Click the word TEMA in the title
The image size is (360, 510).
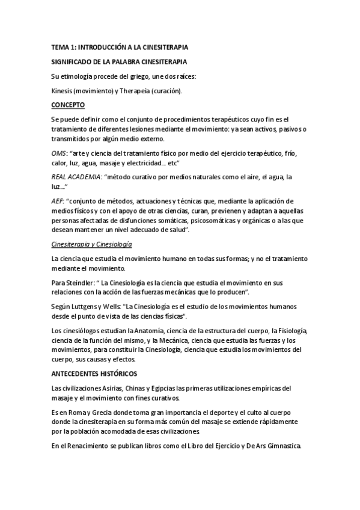[x=61, y=48]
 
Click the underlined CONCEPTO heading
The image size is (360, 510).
[x=69, y=105]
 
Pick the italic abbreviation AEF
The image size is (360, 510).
[x=58, y=201]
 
